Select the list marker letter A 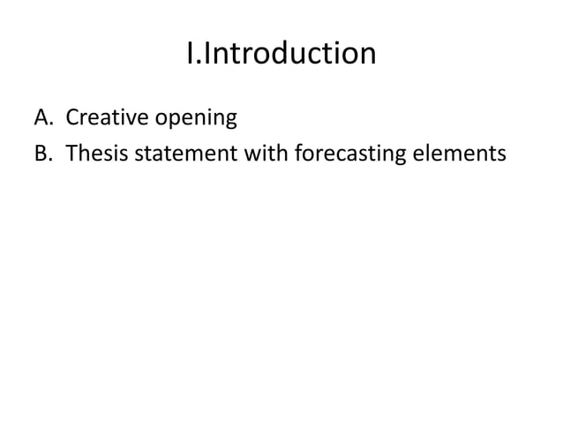point(41,117)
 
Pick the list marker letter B point(41,154)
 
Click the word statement point(183,154)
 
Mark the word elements point(465,154)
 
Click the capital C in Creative point(74,117)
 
